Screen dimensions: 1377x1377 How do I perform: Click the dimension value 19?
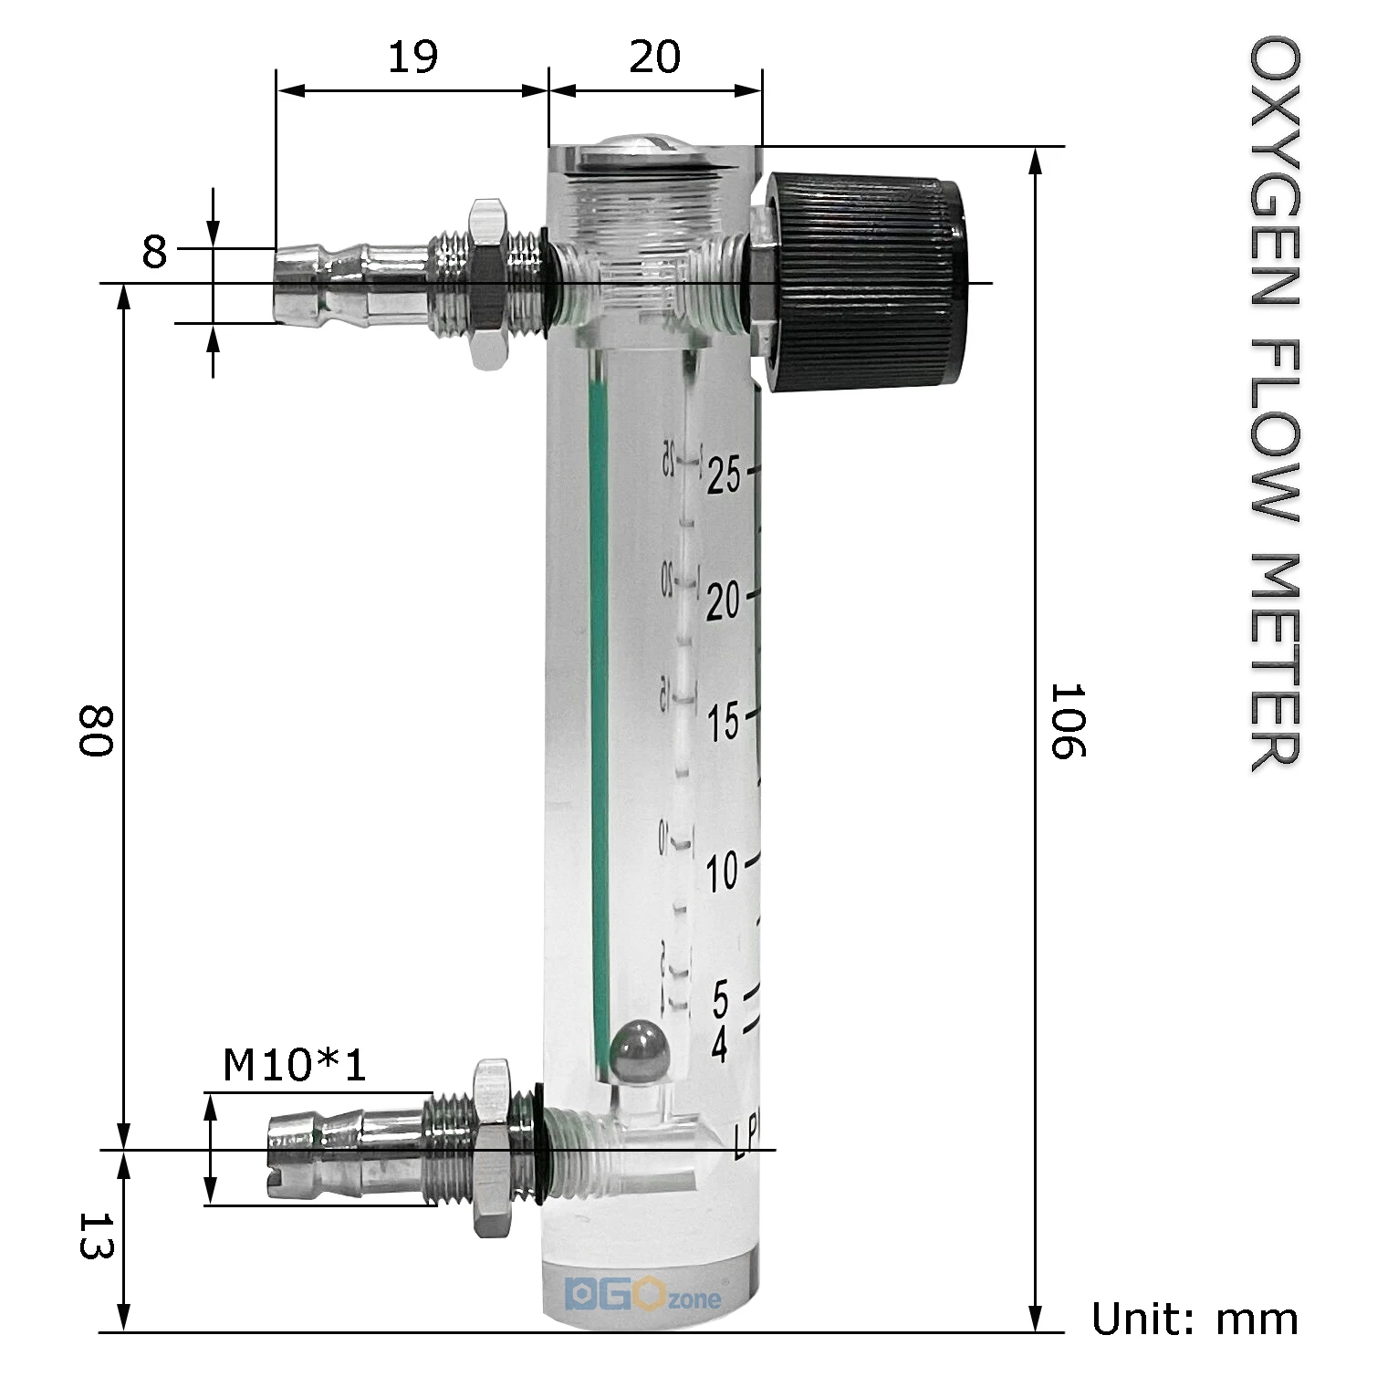[x=412, y=57]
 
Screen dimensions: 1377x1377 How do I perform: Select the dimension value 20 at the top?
[x=654, y=57]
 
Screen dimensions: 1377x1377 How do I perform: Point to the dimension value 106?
[x=1065, y=721]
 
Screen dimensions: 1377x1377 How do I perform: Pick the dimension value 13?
[x=94, y=1237]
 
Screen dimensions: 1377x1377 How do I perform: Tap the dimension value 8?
[x=154, y=251]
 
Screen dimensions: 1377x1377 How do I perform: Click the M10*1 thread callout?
[x=294, y=1065]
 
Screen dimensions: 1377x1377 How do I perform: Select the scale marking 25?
[x=724, y=475]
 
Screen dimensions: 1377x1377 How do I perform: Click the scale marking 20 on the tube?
[x=724, y=600]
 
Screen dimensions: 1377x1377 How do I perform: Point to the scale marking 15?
[x=724, y=722]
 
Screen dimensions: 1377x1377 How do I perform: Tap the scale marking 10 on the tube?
[x=723, y=871]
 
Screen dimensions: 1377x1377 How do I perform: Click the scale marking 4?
[x=720, y=1045]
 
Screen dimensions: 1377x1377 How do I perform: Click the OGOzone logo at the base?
[x=642, y=1296]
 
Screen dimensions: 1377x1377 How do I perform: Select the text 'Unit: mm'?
[x=1194, y=1320]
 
